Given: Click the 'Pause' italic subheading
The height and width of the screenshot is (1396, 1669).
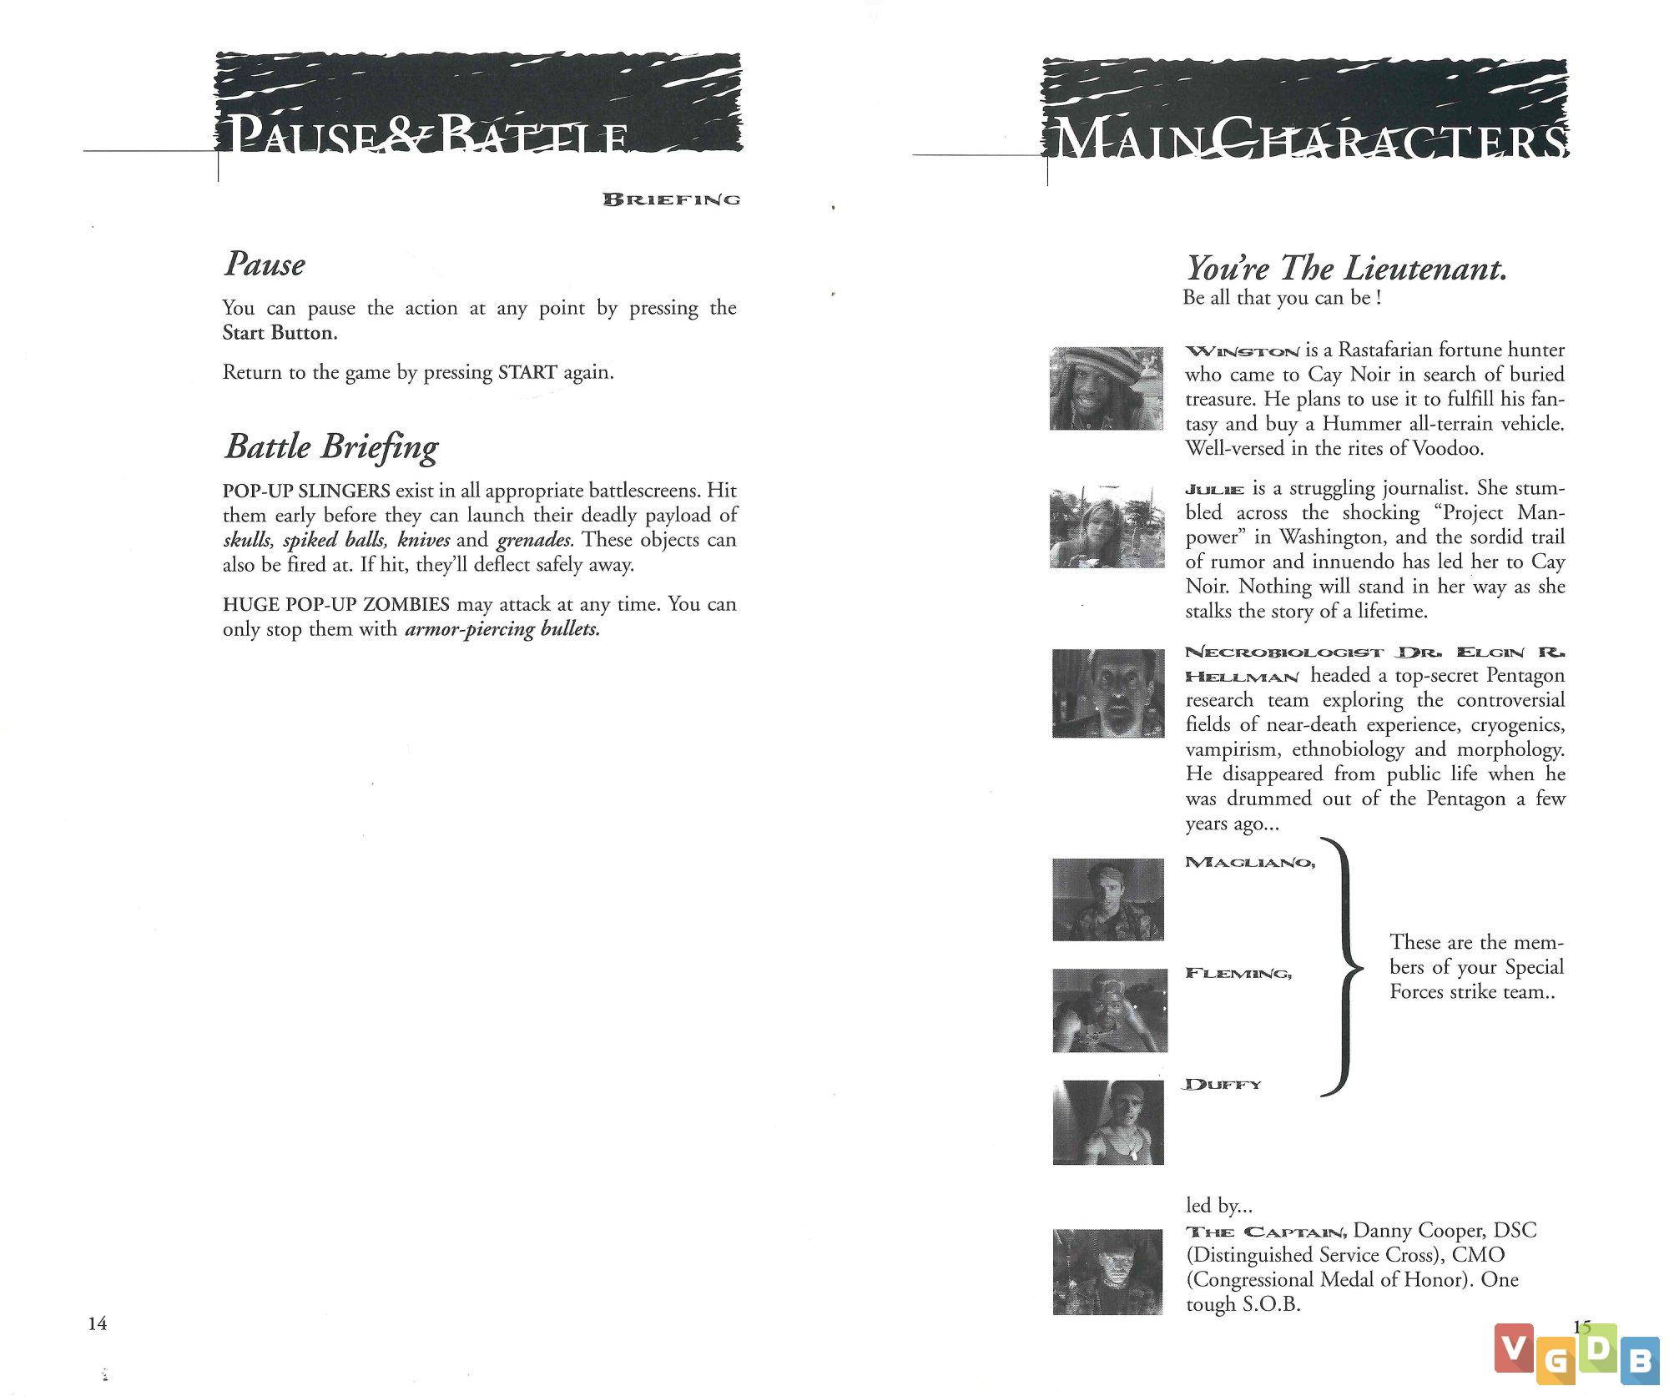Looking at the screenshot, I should (265, 265).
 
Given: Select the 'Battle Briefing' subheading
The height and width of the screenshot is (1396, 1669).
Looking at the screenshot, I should (331, 447).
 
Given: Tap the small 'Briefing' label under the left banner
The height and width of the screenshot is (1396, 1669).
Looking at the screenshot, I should (672, 199).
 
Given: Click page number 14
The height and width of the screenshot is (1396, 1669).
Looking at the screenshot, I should (98, 1323).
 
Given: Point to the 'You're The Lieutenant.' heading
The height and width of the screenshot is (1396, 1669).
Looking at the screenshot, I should (1346, 269).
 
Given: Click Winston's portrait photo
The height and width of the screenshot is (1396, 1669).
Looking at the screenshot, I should (1106, 388).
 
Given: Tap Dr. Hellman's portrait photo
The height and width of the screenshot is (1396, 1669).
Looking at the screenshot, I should (1107, 693).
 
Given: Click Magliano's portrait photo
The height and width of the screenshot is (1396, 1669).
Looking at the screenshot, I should (1107, 900).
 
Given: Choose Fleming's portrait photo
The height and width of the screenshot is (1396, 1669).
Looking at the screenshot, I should (1109, 1010).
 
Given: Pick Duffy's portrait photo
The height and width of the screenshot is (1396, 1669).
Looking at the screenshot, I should (1107, 1122).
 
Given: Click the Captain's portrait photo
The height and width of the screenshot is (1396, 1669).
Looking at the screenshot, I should (1107, 1272).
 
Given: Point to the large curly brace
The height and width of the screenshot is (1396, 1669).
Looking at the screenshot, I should (1342, 968).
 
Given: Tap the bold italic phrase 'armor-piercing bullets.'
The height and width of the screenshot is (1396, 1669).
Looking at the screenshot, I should (502, 629).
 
